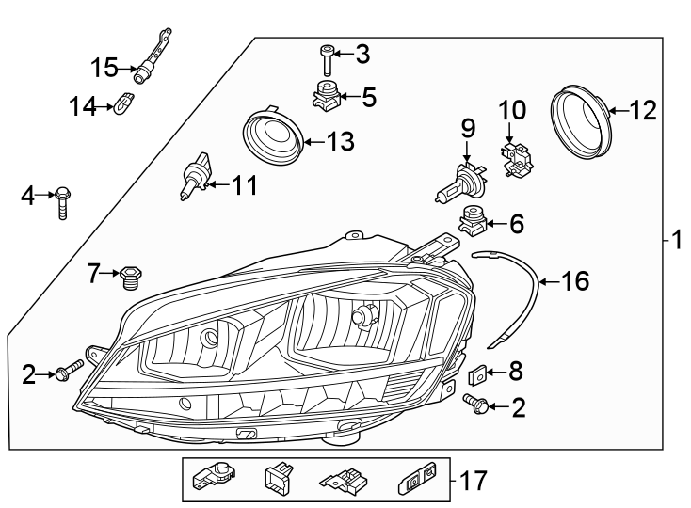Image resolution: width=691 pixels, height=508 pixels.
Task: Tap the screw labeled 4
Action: (x=63, y=201)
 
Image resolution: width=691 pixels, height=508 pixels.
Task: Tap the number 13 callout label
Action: (x=340, y=142)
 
